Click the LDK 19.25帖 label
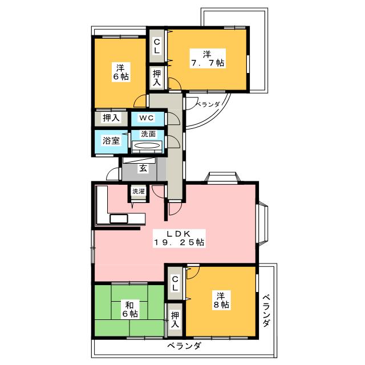(179, 238)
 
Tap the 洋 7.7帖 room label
(208, 58)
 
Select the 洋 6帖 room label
(120, 72)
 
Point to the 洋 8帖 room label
(221, 301)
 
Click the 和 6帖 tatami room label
(130, 309)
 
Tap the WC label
(147, 118)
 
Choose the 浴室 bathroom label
(111, 140)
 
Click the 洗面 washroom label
(148, 134)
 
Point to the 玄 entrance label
(143, 168)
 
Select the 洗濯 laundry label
(139, 191)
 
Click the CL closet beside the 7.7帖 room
(157, 46)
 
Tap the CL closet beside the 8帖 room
(175, 283)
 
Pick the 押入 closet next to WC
(111, 118)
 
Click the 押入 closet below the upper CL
(157, 78)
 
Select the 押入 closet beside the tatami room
(175, 319)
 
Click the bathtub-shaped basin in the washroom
(147, 146)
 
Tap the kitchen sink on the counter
(119, 219)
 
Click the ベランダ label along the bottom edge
(184, 346)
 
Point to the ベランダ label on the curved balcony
(208, 104)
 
